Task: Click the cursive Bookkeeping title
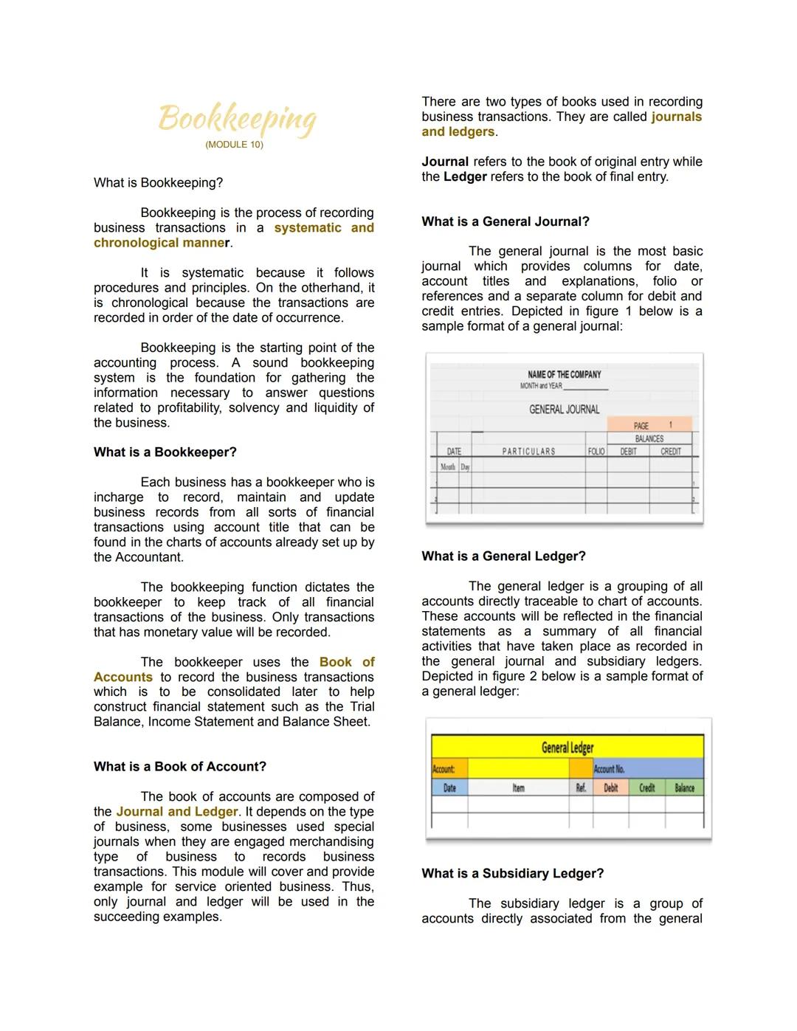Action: (237, 118)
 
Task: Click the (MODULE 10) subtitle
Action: (234, 145)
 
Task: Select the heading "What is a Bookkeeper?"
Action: (165, 452)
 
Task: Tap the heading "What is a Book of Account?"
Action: (179, 767)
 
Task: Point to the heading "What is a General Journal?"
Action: (505, 221)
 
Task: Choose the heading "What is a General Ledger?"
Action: (503, 556)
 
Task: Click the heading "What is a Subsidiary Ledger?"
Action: (512, 874)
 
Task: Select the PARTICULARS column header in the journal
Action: (528, 452)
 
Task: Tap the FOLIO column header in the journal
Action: (596, 452)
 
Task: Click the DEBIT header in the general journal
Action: (628, 452)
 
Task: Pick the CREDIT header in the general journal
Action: (671, 452)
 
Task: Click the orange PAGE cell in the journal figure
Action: (649, 425)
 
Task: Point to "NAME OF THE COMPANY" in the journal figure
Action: (565, 375)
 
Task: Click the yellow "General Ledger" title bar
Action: (567, 747)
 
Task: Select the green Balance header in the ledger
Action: (684, 788)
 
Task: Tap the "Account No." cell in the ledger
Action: (610, 769)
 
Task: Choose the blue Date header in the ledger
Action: (449, 788)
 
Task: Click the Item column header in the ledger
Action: (518, 788)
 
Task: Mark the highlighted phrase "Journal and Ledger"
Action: (176, 812)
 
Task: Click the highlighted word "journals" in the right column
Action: (676, 117)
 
